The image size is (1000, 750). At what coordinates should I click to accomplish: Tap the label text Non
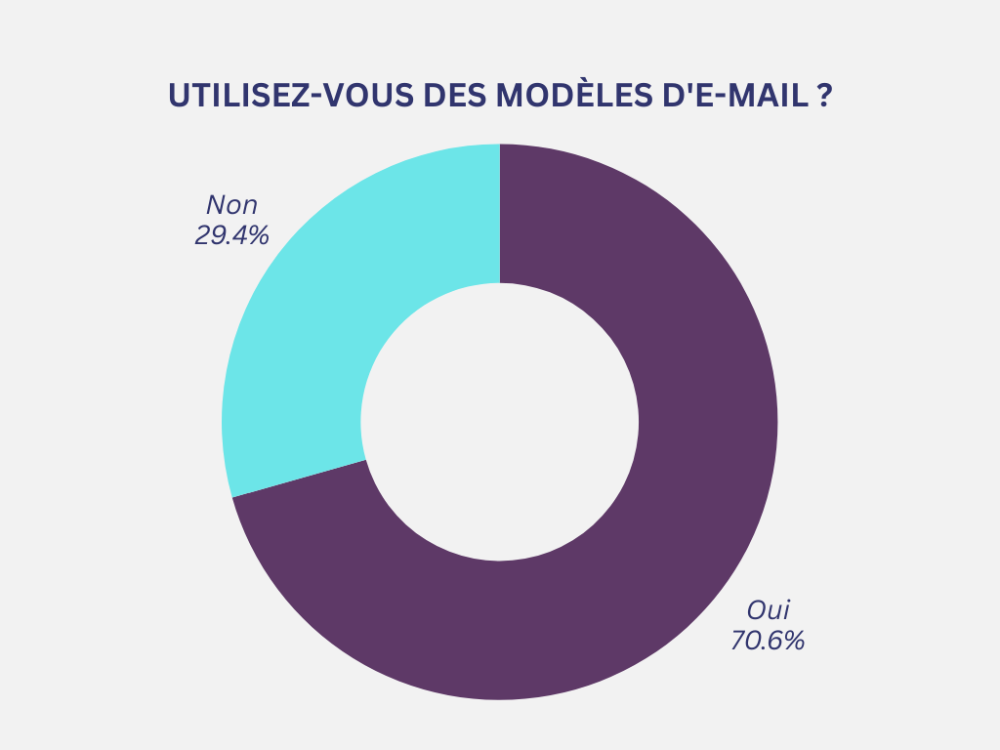(231, 205)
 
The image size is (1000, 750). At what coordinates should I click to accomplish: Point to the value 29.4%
(231, 235)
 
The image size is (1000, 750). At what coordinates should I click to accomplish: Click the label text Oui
(768, 610)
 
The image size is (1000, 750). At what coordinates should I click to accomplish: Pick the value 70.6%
(768, 642)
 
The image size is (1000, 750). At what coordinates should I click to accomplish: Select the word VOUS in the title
(373, 95)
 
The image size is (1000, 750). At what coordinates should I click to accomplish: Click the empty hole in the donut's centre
(500, 422)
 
